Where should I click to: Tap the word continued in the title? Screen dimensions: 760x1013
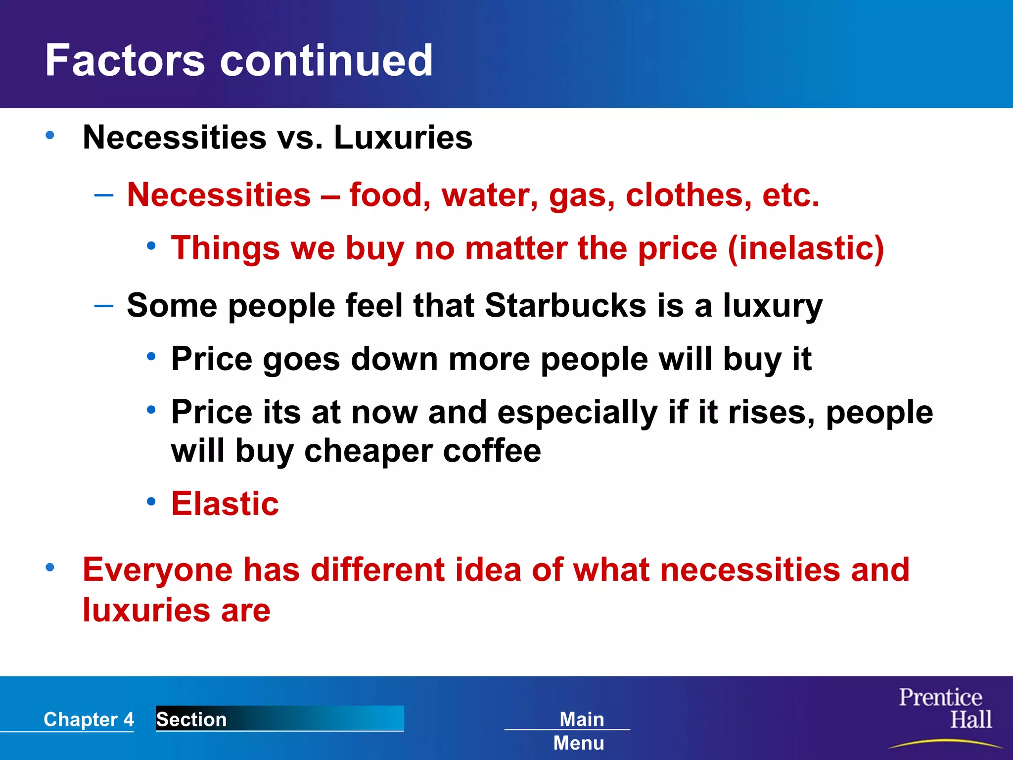pyautogui.click(x=326, y=60)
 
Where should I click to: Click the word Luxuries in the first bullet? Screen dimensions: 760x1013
pyautogui.click(x=403, y=138)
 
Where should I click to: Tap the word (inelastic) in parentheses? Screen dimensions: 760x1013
pyautogui.click(x=806, y=248)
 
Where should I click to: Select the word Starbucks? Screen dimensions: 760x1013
pyautogui.click(x=565, y=305)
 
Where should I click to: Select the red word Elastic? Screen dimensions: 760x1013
pyautogui.click(x=225, y=504)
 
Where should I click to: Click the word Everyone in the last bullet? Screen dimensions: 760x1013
pyautogui.click(x=157, y=570)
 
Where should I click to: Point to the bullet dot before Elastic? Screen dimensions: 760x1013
pyautogui.click(x=151, y=502)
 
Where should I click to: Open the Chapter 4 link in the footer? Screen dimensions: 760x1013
pyautogui.click(x=89, y=719)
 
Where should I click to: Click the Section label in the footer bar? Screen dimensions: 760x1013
pyautogui.click(x=191, y=719)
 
